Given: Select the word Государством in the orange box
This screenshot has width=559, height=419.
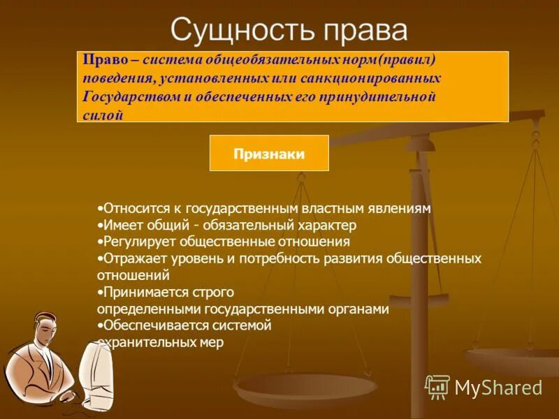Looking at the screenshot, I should tap(130, 97).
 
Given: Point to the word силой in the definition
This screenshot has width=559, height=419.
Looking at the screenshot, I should tap(103, 115).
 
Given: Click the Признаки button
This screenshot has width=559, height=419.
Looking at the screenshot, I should tap(269, 154).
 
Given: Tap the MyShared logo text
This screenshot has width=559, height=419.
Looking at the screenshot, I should tap(498, 388).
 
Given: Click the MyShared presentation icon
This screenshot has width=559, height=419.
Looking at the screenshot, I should tap(437, 387).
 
